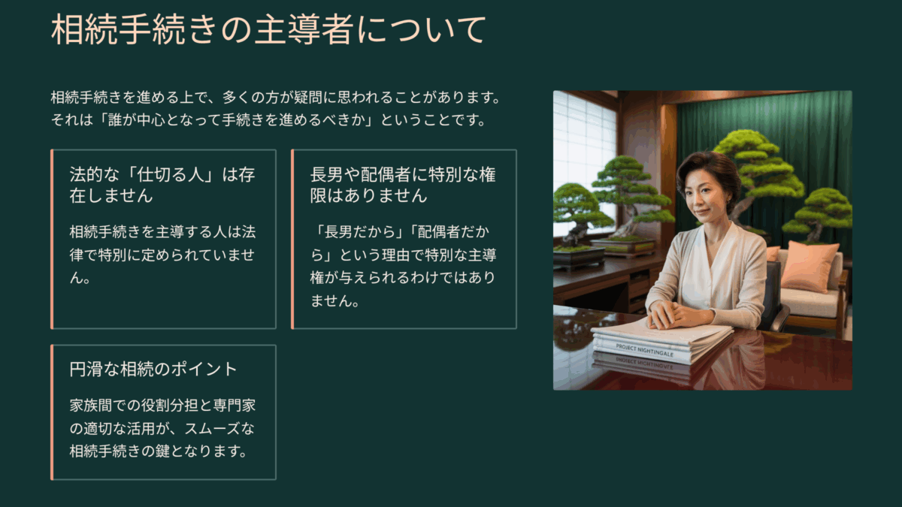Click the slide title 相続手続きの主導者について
pyautogui.click(x=268, y=29)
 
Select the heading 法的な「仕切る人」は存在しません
pyautogui.click(x=162, y=185)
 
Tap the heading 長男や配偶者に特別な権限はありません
pyautogui.click(x=403, y=185)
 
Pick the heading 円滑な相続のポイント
pyautogui.click(x=153, y=370)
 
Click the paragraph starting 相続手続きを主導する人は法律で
pyautogui.click(x=162, y=255)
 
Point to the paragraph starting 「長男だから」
pyautogui.click(x=403, y=266)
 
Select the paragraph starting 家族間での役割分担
pyautogui.click(x=162, y=428)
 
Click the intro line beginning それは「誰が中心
pyautogui.click(x=268, y=120)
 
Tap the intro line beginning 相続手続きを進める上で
pyautogui.click(x=276, y=98)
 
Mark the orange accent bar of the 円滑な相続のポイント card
pyautogui.click(x=52, y=412)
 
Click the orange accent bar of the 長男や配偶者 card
pyautogui.click(x=292, y=240)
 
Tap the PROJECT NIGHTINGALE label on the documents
pyautogui.click(x=645, y=350)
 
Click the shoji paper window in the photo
pyautogui.click(x=584, y=161)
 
